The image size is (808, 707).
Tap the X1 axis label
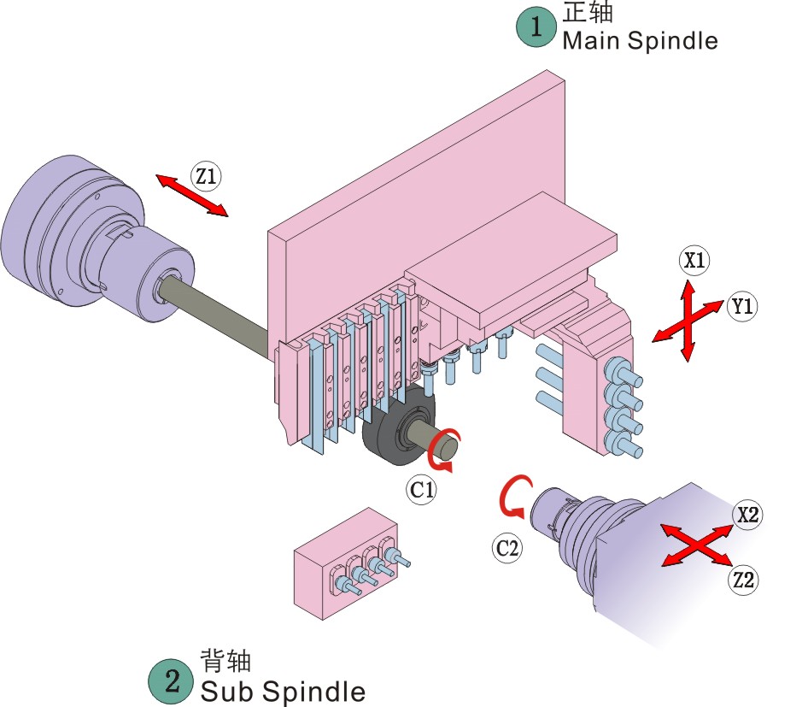695,261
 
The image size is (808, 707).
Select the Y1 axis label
743,306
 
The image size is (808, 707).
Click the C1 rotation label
421,490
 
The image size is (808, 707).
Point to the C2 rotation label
506,548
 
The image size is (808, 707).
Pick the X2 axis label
748,515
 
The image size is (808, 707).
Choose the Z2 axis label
744,580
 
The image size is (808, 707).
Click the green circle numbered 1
536,27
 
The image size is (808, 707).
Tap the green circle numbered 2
171,680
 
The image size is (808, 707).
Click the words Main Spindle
640,40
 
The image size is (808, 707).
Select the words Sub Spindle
283,691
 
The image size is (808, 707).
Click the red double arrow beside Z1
191,195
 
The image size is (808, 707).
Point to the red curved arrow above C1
443,451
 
